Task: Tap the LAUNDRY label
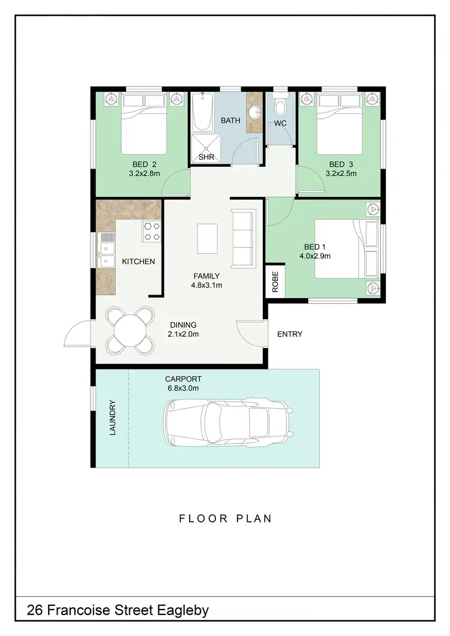112,418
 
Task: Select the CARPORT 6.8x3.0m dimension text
184,388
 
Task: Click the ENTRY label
290,334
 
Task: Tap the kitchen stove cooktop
151,232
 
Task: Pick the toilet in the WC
279,109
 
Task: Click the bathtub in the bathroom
202,114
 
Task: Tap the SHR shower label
206,157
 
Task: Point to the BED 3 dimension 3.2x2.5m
341,174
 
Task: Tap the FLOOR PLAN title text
225,518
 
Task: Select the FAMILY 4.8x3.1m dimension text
206,285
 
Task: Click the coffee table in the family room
208,239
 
